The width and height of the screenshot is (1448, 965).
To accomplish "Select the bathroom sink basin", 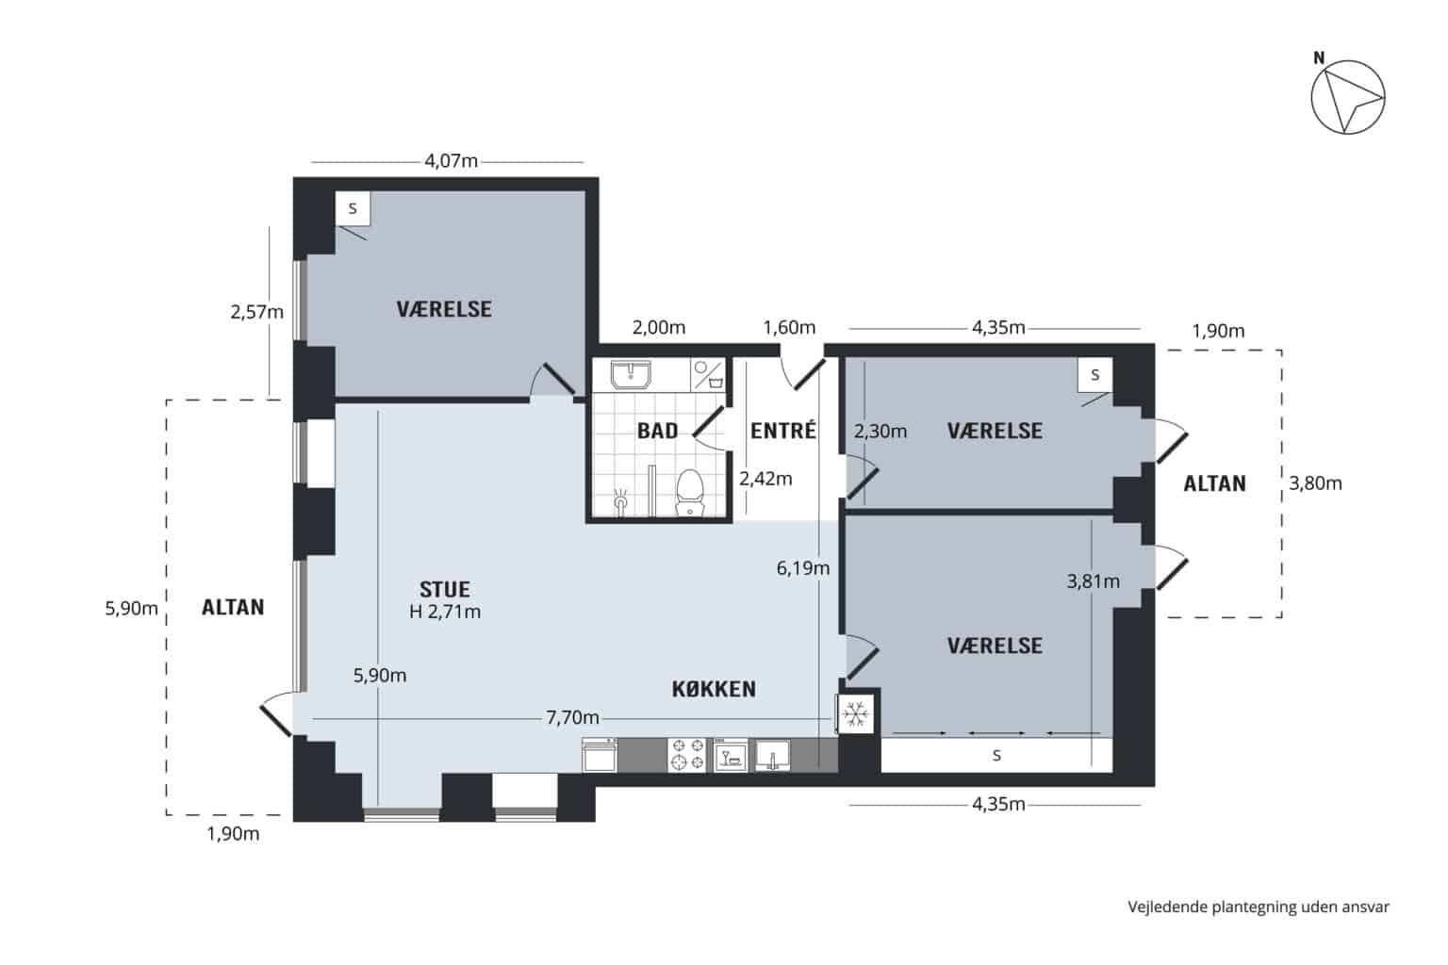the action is coord(631,375).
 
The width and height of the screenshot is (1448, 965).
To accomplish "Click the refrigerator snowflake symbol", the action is coord(856,714).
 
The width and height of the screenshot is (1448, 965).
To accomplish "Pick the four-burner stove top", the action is coord(687,754).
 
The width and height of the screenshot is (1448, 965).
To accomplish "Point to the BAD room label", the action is coord(657,431).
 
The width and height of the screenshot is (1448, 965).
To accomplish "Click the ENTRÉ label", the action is coord(782,430).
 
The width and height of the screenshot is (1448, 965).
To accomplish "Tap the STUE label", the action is coord(445,590).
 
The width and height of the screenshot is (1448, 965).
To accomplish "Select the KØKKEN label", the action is coord(714,689).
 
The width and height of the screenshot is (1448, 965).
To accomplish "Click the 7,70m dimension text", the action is coord(573,717).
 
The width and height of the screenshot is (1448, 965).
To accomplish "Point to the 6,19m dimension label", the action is coord(803,568).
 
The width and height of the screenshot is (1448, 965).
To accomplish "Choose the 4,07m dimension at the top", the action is coord(452,161).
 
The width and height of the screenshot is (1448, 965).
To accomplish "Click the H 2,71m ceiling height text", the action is coord(445,612).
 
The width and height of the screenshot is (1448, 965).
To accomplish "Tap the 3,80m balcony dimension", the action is coord(1315,483).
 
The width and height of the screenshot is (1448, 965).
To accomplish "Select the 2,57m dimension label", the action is coord(256,312).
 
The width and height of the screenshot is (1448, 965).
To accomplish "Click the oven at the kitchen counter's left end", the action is coord(600,755).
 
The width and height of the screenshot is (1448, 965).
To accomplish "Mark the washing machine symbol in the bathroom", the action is coord(709,374).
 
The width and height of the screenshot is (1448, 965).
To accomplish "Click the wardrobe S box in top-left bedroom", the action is coord(353,209).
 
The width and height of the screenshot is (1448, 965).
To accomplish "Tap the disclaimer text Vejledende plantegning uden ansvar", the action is coord(1259,907).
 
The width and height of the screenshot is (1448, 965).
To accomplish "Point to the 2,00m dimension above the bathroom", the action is coord(659,328).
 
